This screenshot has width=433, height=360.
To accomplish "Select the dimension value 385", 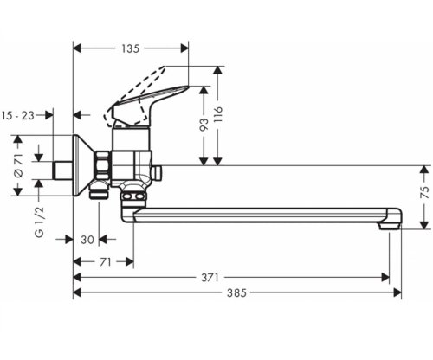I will pos(236,293).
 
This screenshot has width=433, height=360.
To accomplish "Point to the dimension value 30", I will pos(86,241).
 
